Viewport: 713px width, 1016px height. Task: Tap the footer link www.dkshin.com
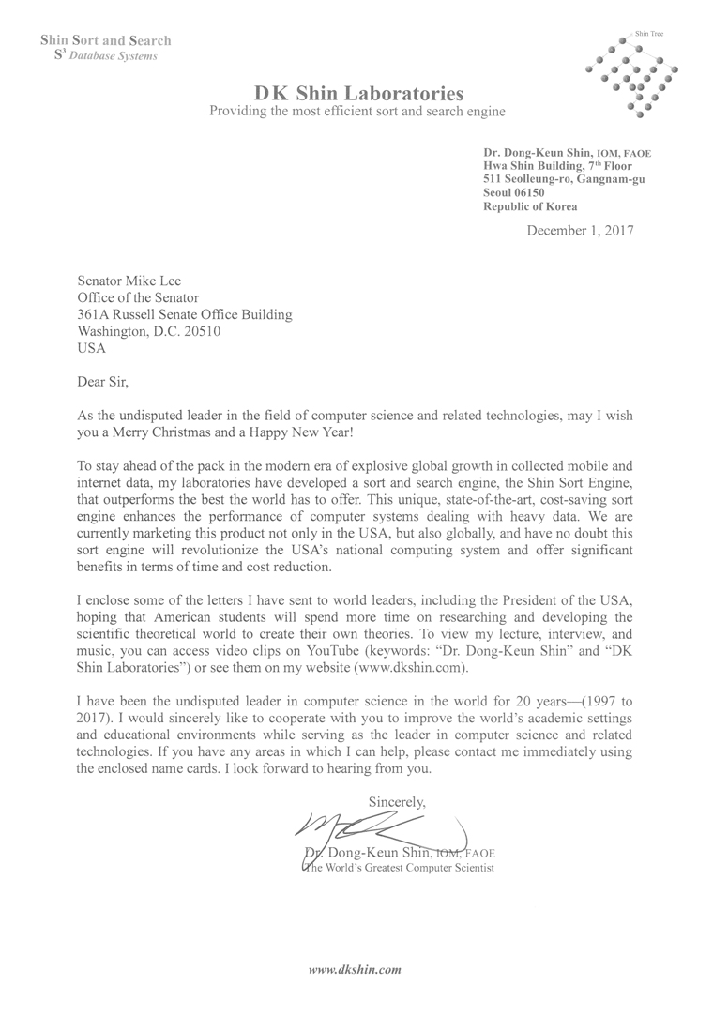click(356, 967)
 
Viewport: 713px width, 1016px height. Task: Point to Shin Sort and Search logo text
click(105, 40)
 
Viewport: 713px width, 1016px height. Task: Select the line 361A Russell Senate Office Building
click(184, 314)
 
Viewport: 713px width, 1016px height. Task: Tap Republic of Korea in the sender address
click(530, 206)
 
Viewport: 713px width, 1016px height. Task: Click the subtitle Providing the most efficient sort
click(357, 112)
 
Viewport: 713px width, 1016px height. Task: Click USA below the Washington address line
click(91, 348)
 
